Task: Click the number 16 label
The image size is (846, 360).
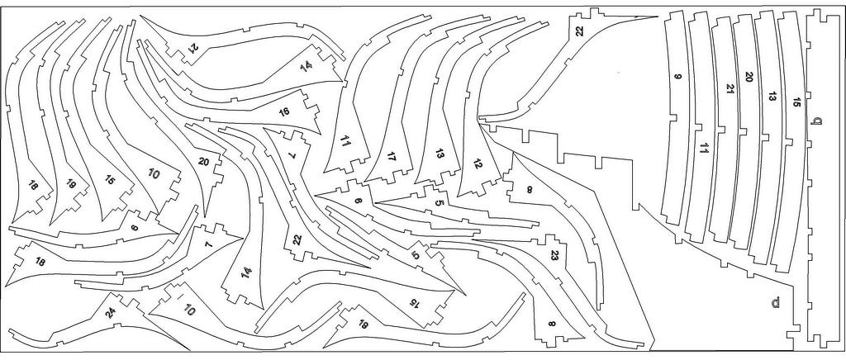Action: tap(284, 111)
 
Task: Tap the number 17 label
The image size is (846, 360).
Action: tap(391, 156)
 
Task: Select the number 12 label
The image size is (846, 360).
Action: tap(477, 163)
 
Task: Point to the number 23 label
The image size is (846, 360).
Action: tap(555, 255)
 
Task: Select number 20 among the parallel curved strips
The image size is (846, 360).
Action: tap(749, 77)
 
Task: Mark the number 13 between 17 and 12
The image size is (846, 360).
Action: tap(440, 154)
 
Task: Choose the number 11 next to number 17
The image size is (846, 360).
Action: tap(345, 143)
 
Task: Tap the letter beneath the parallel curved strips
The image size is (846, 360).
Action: tap(775, 302)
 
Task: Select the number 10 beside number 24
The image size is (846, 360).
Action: tap(189, 311)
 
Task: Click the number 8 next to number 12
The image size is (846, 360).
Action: tap(530, 190)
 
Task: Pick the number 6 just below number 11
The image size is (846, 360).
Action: tap(358, 201)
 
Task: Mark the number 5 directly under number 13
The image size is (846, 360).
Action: tap(439, 203)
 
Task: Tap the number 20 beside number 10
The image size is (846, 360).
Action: tap(204, 162)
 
